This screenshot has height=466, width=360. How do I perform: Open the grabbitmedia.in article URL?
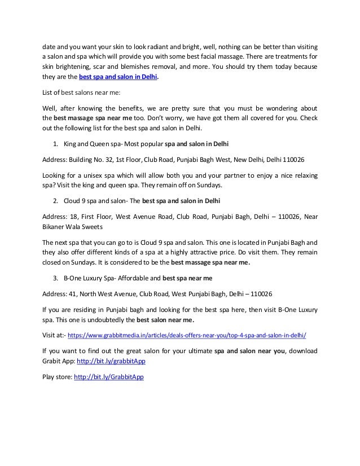pyautogui.click(x=186, y=334)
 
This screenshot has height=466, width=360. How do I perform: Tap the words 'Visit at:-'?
pyautogui.click(x=54, y=334)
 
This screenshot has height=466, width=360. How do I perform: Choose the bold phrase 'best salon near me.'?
pyautogui.click(x=168, y=319)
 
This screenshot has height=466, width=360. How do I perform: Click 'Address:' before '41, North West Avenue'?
pyautogui.click(x=55, y=293)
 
